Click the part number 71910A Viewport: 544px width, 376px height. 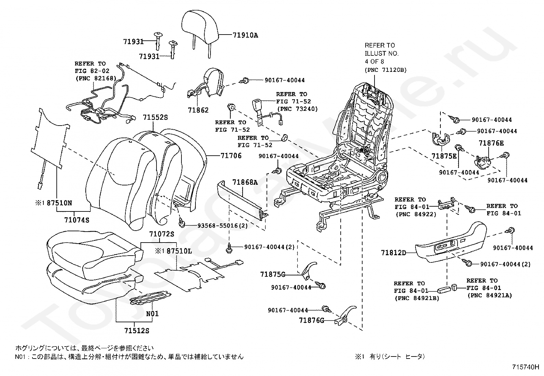pos(245,35)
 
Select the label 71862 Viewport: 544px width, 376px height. pos(198,110)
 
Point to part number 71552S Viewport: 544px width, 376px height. pos(155,117)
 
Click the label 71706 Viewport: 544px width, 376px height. pos(231,156)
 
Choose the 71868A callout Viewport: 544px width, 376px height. pos(245,182)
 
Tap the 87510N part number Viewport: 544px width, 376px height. pos(59,203)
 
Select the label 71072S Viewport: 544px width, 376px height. pos(161,234)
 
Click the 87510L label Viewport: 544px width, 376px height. pos(179,251)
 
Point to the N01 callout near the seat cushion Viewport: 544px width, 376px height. pos(152,313)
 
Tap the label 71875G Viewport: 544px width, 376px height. pos(272,274)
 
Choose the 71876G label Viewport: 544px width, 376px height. pos(311,320)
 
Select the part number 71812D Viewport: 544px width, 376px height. pos(394,253)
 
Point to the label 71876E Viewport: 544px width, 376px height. pos(491,143)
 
